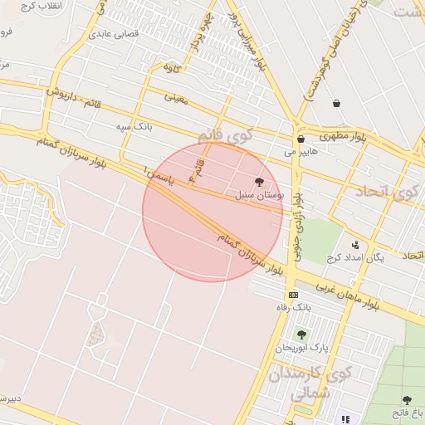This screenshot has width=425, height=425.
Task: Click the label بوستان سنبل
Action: [x=260, y=196]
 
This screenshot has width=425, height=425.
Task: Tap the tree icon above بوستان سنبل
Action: [x=260, y=182]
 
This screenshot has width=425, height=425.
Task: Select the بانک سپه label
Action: [x=134, y=126]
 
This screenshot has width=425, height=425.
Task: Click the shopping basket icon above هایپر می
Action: [x=300, y=139]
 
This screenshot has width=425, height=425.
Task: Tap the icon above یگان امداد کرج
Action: [x=355, y=245]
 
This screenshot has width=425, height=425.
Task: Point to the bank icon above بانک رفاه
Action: [x=293, y=295]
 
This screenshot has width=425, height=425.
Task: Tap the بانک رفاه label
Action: [x=293, y=308]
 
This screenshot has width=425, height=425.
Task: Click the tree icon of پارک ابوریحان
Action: [x=301, y=335]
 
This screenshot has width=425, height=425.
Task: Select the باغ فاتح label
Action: [x=407, y=413]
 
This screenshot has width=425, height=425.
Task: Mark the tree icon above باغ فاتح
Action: [x=407, y=400]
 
